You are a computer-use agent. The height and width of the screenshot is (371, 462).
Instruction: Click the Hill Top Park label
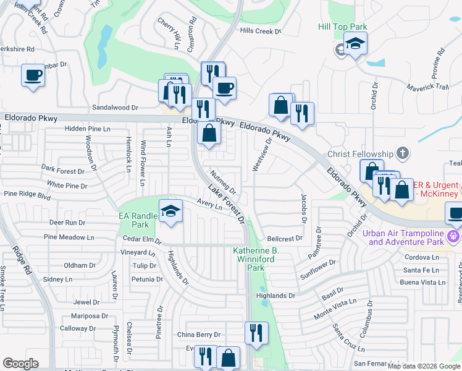click(x=342, y=27)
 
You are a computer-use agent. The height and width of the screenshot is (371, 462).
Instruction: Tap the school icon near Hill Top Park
click(x=355, y=44)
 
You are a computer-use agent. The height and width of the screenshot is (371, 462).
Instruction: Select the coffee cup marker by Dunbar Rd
click(x=33, y=75)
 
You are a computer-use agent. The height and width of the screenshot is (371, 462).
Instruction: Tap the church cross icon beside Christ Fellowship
click(x=402, y=153)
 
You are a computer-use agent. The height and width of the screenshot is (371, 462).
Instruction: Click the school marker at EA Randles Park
click(x=171, y=211)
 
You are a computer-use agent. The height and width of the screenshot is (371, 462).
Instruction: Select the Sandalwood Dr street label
click(x=115, y=107)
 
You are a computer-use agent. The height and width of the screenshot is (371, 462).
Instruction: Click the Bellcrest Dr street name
click(x=285, y=238)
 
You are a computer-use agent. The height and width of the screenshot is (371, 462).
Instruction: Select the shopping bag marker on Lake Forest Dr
click(x=209, y=133)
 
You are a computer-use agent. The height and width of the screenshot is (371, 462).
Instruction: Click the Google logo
click(x=20, y=364)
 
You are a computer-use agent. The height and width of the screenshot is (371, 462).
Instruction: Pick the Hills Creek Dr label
click(x=260, y=31)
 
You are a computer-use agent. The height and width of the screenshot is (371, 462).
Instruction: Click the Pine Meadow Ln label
click(x=69, y=237)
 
